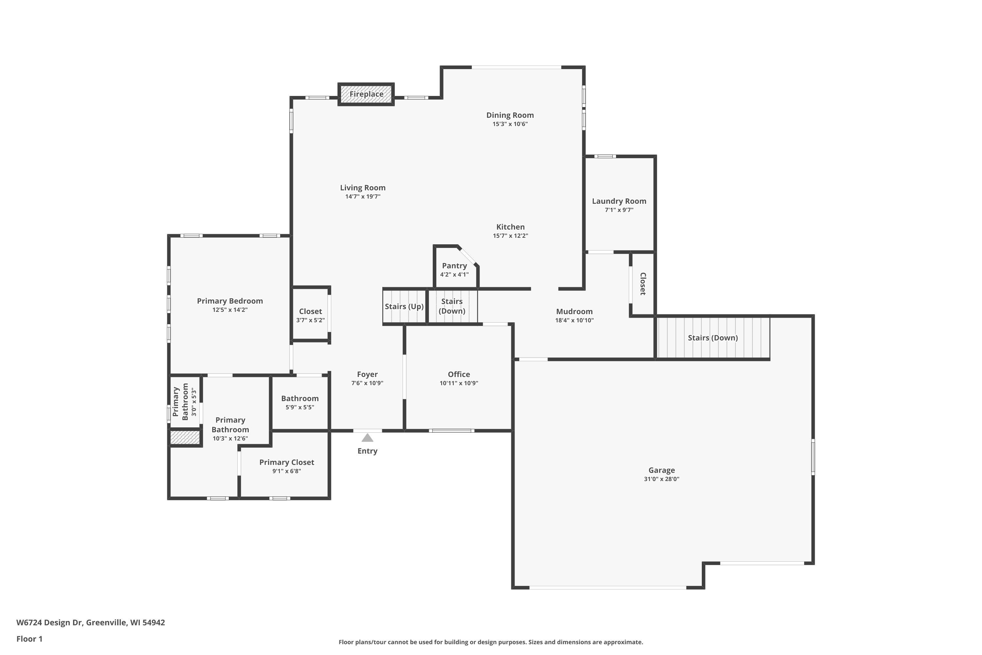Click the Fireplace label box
[x=366, y=94]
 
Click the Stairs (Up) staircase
[x=404, y=306]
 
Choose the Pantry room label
[x=454, y=266]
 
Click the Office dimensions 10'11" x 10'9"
[x=459, y=383]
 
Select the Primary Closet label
[x=286, y=462]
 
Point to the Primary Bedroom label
[x=230, y=301]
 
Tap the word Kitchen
[x=510, y=227]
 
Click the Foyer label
[x=367, y=375]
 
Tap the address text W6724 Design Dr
[x=50, y=623]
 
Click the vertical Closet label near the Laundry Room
[x=643, y=284]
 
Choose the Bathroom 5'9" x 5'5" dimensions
[x=300, y=407]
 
